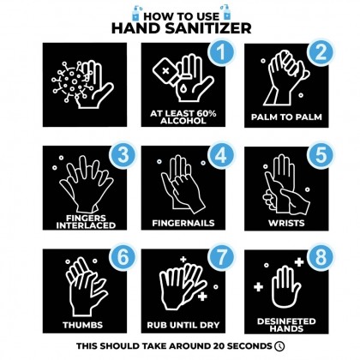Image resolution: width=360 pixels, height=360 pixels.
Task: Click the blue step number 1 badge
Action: [220, 51]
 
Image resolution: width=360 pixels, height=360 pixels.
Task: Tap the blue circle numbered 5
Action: [321, 155]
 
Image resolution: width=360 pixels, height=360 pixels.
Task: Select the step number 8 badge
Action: [321, 257]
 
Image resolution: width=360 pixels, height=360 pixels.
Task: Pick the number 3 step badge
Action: [123, 155]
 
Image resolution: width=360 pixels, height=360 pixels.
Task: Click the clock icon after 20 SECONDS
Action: [279, 346]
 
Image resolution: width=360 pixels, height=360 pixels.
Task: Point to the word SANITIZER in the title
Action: [208, 28]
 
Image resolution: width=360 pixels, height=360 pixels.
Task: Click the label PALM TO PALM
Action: [286, 117]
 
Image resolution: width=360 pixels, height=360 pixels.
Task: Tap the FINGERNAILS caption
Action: [183, 223]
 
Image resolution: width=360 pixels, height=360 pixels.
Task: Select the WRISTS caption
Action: [286, 223]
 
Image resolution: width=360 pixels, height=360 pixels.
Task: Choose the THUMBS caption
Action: [83, 325]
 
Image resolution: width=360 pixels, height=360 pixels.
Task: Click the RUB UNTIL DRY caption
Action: [183, 325]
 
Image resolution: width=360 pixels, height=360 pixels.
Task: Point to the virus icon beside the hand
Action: [70, 82]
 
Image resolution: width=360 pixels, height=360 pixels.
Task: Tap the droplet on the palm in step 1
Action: [183, 89]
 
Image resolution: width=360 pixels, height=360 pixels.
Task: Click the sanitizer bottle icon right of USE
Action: [225, 12]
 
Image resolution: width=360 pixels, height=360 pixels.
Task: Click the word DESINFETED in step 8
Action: [286, 321]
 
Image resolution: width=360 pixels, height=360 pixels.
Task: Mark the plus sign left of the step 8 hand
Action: [258, 287]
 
